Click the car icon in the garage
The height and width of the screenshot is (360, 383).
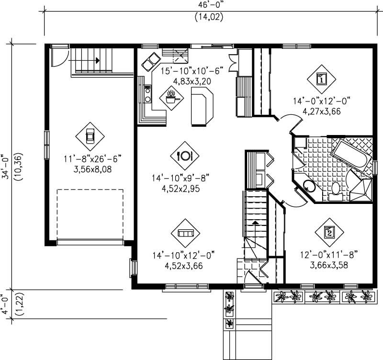click(90, 136)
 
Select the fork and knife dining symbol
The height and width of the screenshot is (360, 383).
click(184, 155)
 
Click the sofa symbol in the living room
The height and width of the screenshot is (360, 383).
click(185, 233)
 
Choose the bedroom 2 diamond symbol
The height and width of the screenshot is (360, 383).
click(329, 233)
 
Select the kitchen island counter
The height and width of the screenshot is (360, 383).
click(202, 109)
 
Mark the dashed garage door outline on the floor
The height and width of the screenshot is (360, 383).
click(90, 214)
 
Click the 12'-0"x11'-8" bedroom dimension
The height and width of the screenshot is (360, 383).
click(330, 254)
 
